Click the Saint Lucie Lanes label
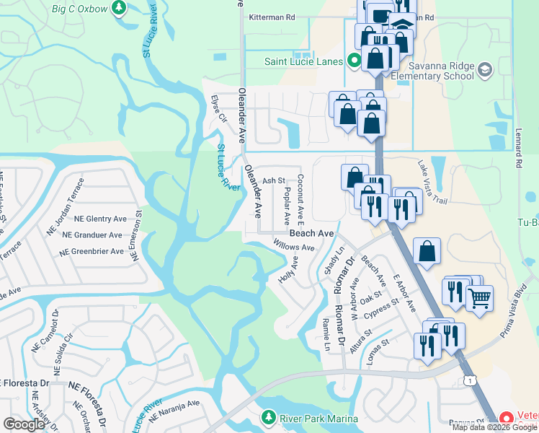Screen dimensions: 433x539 303,61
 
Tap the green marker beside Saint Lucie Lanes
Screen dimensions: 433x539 354,61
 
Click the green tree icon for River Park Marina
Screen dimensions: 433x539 268,416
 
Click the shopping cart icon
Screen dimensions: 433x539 479,297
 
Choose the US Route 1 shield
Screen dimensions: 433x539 470,380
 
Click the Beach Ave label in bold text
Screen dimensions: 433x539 311,234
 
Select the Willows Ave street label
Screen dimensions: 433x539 293,248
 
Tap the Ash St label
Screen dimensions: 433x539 274,181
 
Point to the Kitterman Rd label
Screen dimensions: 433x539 271,17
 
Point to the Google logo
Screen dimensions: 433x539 24,425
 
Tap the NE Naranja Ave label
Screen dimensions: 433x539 174,408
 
